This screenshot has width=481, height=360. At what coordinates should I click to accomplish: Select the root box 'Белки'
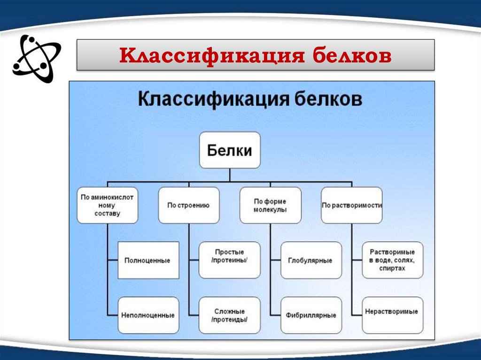pos(230,150)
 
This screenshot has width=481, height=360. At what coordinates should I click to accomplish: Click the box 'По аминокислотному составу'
pos(107,205)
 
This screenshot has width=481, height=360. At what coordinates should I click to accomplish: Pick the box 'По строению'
pos(188,205)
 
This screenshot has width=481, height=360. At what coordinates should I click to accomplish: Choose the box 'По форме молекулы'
pos(270,205)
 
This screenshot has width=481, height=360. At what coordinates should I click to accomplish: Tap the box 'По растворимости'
pos(351,205)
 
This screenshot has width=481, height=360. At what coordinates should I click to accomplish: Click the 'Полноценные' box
pos(147,260)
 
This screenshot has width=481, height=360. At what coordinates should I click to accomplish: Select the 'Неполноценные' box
pos(147,315)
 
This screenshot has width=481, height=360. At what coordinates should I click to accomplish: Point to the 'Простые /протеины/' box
pos(229,260)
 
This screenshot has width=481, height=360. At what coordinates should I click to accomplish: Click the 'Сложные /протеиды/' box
pos(229,315)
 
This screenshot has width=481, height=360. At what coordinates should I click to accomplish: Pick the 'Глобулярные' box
pos(311,260)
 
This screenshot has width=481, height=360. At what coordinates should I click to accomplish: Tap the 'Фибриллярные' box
pos(311,315)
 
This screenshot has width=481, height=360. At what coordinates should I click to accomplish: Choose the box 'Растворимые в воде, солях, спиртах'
pos(392,260)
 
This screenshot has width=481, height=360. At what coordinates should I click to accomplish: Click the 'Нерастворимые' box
pos(392,312)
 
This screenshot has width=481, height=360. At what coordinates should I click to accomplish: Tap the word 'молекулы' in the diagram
pos(270,210)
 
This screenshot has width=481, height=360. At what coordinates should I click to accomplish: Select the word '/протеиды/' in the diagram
pos(229,320)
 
